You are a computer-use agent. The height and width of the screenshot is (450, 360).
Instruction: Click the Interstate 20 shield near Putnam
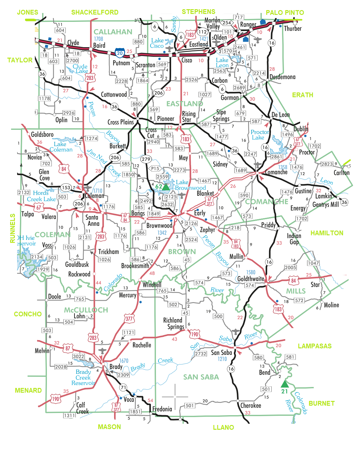119,53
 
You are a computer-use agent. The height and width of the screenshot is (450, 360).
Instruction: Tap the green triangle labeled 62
166,187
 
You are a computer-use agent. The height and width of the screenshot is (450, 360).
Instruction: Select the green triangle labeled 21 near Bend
285,384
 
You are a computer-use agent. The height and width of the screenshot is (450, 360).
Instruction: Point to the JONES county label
28,12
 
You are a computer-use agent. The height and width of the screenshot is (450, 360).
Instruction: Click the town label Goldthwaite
251,279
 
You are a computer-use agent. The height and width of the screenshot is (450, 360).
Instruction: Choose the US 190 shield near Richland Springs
194,334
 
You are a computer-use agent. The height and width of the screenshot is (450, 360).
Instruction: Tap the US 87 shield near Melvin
68,348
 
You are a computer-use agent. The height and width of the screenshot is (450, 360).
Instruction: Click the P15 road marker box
155,168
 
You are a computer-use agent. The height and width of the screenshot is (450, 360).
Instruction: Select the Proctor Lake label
260,135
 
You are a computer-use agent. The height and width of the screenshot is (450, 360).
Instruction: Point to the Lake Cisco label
157,43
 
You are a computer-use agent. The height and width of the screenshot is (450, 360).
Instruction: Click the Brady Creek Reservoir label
83,377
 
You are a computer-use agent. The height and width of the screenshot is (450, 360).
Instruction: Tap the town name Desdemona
282,77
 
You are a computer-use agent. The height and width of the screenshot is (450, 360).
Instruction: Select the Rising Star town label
189,117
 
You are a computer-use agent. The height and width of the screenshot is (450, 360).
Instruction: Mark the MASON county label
109,427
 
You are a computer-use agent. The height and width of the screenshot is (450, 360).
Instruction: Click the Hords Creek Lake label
41,196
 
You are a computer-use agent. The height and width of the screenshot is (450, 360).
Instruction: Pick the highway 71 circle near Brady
123,387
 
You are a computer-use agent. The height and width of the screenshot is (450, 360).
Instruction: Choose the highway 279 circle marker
146,159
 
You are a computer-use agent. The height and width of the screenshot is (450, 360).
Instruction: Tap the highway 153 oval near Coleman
66,187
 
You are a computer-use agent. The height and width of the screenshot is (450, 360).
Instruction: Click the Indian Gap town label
294,239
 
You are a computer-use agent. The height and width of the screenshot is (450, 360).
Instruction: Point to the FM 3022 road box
79,356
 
